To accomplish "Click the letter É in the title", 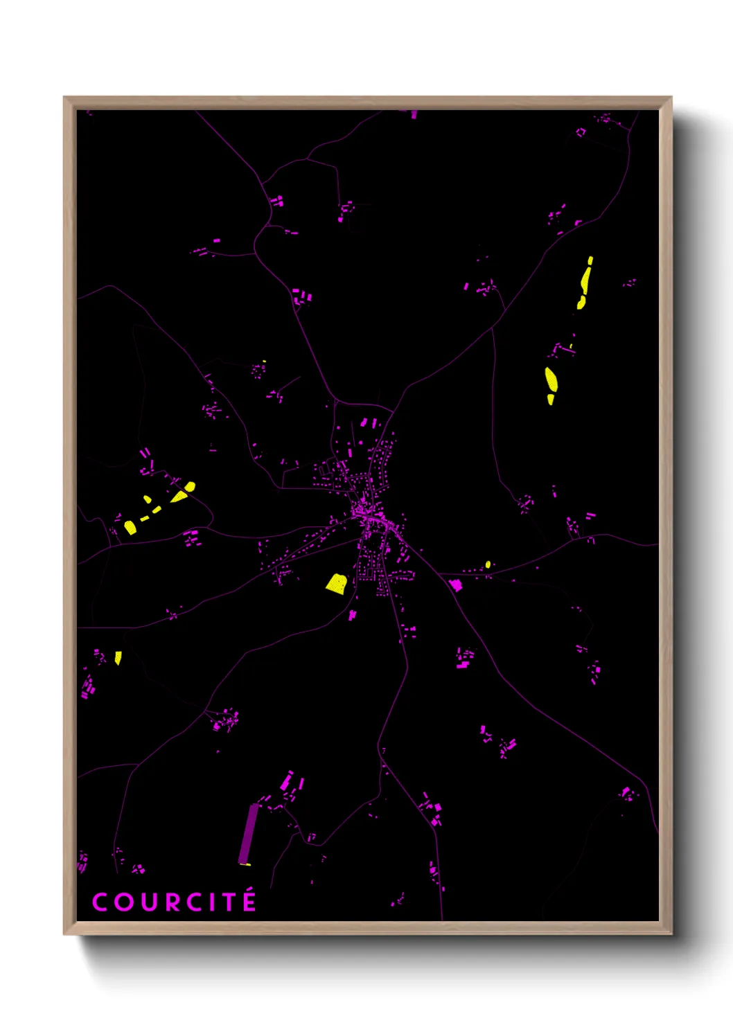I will (x=249, y=901).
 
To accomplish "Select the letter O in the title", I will (x=123, y=902).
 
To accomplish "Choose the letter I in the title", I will (x=212, y=902).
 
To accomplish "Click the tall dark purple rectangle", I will (x=247, y=834).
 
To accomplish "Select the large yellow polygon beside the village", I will (x=337, y=583).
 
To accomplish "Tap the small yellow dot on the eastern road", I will (x=488, y=564).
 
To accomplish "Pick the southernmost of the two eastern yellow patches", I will (x=551, y=383).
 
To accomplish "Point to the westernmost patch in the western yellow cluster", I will (x=130, y=527).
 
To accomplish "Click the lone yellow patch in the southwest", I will (x=118, y=657).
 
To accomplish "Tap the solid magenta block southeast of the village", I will (x=456, y=585).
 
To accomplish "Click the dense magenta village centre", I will (x=365, y=514).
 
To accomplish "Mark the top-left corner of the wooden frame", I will (x=64, y=98).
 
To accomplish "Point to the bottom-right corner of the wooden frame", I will (x=671, y=933).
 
